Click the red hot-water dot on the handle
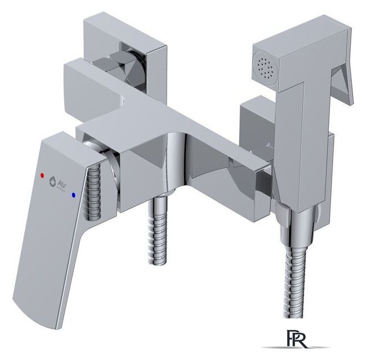pyautogui.click(x=42, y=175)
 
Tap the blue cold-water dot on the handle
pyautogui.click(x=74, y=195)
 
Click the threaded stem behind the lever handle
pyautogui.click(x=95, y=193)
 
